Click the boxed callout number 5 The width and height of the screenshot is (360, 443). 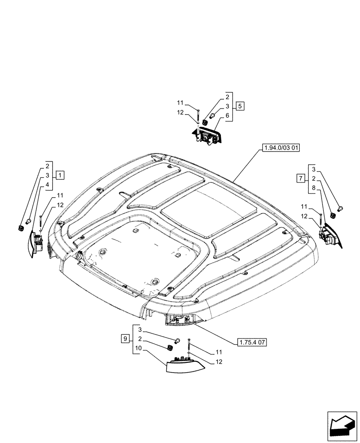[239, 106]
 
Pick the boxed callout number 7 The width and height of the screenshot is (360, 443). [301, 179]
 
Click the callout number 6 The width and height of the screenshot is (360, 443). [227, 115]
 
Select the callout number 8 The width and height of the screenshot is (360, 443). [314, 188]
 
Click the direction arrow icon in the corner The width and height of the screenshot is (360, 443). [342, 426]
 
